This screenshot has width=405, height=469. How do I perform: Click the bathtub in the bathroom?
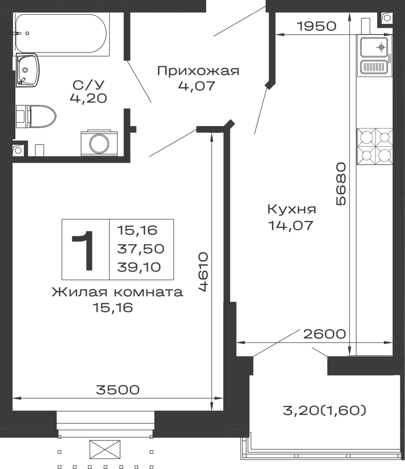pos(61,33)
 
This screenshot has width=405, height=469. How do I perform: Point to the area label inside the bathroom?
pos(88,92)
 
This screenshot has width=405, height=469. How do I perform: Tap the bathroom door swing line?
pos(140,83)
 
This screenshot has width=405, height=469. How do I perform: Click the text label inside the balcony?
pos(324,410)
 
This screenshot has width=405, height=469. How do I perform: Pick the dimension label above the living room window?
pos(117,389)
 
